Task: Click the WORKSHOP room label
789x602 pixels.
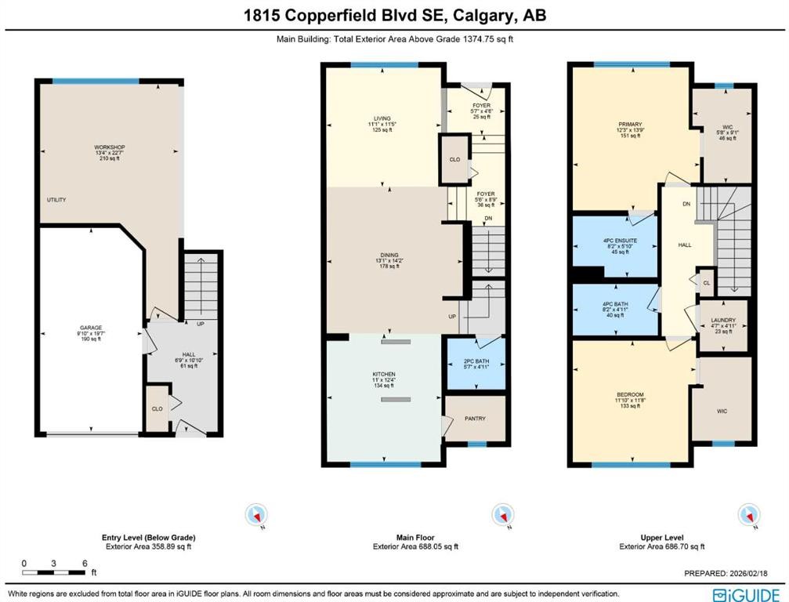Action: point(110,147)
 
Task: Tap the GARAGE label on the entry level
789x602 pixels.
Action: point(91,328)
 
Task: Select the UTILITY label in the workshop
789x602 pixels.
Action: point(56,200)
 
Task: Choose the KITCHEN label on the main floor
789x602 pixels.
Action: point(384,374)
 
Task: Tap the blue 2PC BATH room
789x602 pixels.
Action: point(476,364)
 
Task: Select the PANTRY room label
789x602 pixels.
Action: point(476,419)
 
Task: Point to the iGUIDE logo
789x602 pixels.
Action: point(747,593)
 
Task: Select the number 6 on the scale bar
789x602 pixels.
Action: point(84,564)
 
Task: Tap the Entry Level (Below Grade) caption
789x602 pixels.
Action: point(149,537)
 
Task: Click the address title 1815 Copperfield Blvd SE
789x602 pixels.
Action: point(394,16)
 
